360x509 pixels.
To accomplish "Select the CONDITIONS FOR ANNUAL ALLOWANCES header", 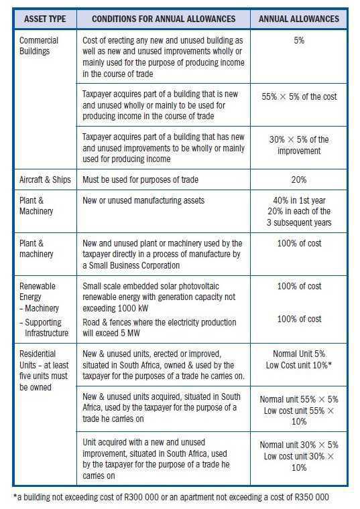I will point(163,19).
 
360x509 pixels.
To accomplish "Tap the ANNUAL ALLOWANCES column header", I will point(299,19).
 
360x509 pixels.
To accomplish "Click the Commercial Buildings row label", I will point(39,46).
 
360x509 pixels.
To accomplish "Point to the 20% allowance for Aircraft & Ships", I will point(299,179).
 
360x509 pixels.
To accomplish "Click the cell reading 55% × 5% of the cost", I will point(299,96).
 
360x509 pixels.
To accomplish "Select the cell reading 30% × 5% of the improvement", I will point(299,145).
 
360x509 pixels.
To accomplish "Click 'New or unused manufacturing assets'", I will point(148,200).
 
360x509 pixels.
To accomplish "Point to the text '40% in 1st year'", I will point(299,200).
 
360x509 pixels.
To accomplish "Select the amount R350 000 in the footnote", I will point(308,497).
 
